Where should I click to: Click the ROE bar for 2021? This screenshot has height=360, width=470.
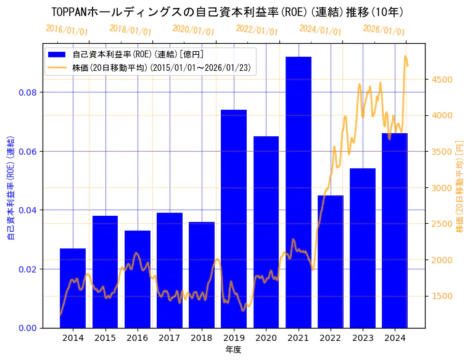[x=299, y=192]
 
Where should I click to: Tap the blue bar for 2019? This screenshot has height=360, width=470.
[x=234, y=218]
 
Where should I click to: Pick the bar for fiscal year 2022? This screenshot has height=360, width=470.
[x=331, y=261]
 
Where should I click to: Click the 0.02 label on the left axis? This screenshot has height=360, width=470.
[x=28, y=269]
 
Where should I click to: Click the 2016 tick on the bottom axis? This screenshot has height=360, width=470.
[x=137, y=338]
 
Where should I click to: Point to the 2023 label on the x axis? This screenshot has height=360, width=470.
[x=363, y=338]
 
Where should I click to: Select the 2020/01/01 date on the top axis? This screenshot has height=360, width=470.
[x=194, y=30]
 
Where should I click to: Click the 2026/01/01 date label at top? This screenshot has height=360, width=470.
[x=384, y=30]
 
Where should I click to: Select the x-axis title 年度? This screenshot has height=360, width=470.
[x=233, y=350]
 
